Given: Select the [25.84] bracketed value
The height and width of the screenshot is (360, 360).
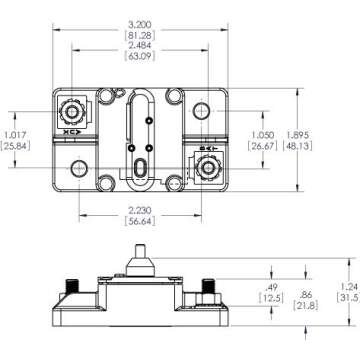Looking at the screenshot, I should point(16,146).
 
